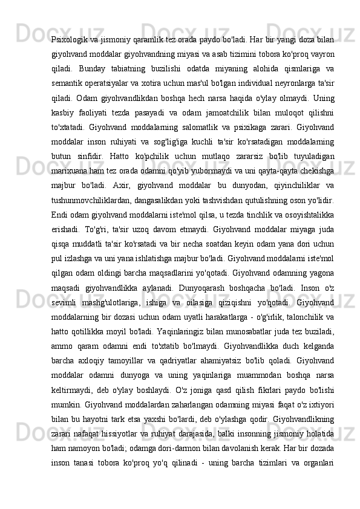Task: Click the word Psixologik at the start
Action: pos(69,30)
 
